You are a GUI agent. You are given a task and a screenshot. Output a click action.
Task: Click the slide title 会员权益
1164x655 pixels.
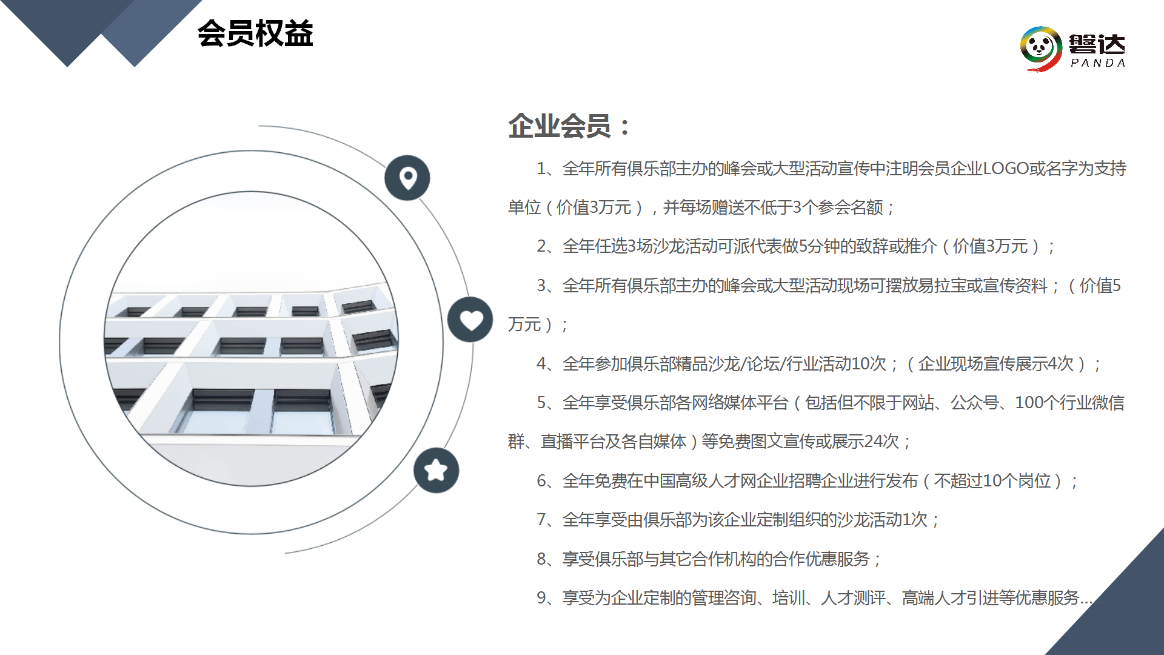255,33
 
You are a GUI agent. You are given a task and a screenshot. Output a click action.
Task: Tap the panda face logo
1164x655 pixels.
1041,48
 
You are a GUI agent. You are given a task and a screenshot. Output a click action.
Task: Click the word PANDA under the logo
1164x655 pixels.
1098,63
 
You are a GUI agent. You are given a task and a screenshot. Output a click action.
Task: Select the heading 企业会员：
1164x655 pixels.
569,126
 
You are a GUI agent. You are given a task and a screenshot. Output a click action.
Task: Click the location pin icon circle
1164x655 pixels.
407,178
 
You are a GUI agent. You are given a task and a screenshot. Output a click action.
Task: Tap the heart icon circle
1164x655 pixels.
470,320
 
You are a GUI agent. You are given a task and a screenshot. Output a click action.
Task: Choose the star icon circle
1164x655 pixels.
436,470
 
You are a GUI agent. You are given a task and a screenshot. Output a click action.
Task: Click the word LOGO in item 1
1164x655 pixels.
1006,169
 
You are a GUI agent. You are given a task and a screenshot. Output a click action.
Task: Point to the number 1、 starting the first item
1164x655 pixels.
549,169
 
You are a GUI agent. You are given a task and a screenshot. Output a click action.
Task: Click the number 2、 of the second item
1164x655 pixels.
549,246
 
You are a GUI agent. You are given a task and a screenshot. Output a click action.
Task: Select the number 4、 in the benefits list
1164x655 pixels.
549,364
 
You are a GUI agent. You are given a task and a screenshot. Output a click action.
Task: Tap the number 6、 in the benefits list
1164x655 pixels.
549,481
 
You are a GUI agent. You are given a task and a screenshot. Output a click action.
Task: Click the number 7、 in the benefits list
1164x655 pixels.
549,520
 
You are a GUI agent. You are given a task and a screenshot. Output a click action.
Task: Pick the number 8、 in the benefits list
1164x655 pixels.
549,559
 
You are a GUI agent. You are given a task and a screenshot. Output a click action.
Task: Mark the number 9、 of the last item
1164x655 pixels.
549,598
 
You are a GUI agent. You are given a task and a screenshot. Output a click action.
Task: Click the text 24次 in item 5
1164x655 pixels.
881,442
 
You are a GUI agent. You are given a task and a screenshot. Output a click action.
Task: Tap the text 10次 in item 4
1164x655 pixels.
869,364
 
